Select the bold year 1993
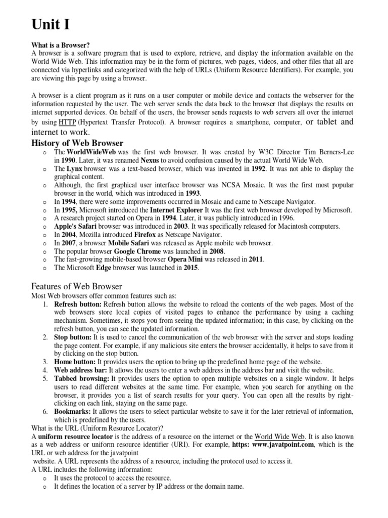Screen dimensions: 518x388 pos(192,193)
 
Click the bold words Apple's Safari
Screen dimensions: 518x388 pos(75,226)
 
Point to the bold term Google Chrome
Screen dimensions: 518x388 pos(137,251)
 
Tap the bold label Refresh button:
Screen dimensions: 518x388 pos(78,304)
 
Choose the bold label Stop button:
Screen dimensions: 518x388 pos(73,337)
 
